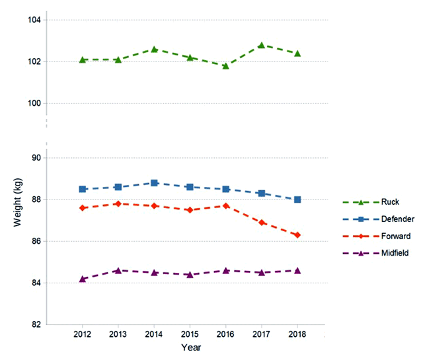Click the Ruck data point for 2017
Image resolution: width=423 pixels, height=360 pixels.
[262, 45]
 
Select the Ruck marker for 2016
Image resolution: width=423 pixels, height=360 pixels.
[225, 65]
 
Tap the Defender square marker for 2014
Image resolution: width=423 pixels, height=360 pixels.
[154, 183]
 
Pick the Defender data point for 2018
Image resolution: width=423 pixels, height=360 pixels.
[297, 199]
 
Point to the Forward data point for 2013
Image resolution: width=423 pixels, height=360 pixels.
[118, 204]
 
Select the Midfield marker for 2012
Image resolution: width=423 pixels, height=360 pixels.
[82, 279]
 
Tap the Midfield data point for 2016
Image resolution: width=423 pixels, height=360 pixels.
[225, 270]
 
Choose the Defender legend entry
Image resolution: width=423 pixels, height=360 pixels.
[394, 219]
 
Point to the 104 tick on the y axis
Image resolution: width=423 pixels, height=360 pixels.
[34, 20]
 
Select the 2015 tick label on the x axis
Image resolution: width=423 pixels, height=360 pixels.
[190, 334]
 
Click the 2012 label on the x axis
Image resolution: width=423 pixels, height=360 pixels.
[82, 334]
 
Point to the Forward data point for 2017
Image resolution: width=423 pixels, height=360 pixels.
[262, 223]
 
